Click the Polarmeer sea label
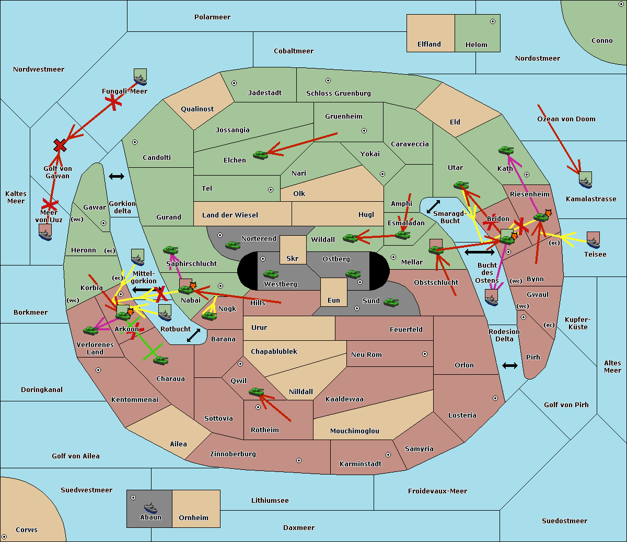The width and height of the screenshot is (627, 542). click(212, 17)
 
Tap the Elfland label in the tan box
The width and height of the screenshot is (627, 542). click(429, 44)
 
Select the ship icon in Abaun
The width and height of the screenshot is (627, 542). click(150, 508)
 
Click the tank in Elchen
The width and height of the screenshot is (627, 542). click(260, 155)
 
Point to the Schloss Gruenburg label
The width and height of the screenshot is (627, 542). click(338, 94)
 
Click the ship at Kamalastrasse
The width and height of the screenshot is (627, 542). click(585, 180)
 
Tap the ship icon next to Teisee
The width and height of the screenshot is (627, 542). click(593, 240)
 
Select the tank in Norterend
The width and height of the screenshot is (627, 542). click(233, 245)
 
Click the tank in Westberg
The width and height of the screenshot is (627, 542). click(271, 274)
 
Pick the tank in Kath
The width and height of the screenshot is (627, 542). click(506, 151)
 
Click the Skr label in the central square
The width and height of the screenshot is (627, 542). click(293, 259)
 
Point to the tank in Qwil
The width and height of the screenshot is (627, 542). click(256, 391)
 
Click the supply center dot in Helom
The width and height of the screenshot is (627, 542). click(492, 21)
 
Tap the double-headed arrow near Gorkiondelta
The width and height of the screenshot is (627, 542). click(116, 177)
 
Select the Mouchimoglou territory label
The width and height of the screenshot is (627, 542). click(354, 431)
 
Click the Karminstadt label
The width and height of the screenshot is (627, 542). click(361, 464)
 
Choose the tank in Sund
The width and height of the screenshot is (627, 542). click(391, 302)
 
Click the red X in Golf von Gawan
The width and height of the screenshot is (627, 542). click(60, 146)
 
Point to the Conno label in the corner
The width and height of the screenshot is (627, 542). click(602, 41)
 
